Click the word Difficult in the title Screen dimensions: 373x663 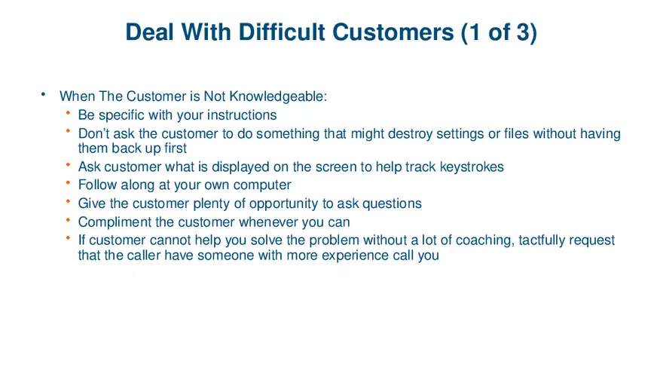283,32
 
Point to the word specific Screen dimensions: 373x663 123,115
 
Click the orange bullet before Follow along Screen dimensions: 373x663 68,184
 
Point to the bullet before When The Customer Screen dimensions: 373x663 44,95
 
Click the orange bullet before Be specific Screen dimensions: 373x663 68,115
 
